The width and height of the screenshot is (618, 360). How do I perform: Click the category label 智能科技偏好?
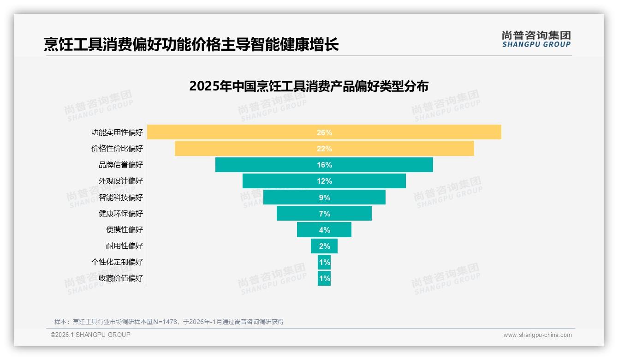tap(121, 198)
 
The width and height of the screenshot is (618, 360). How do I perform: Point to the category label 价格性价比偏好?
tap(117, 149)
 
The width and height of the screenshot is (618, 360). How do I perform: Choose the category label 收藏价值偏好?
tap(121, 278)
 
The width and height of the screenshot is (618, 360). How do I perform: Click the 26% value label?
tap(324, 132)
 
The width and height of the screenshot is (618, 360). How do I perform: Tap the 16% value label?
tap(324, 165)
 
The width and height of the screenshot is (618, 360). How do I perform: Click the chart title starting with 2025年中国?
tap(309, 86)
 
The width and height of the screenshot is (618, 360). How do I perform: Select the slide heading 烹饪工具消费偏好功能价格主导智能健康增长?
tap(191, 44)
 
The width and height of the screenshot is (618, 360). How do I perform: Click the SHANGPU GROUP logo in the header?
tap(536, 39)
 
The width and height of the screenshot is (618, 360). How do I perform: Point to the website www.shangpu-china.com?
tap(537, 335)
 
